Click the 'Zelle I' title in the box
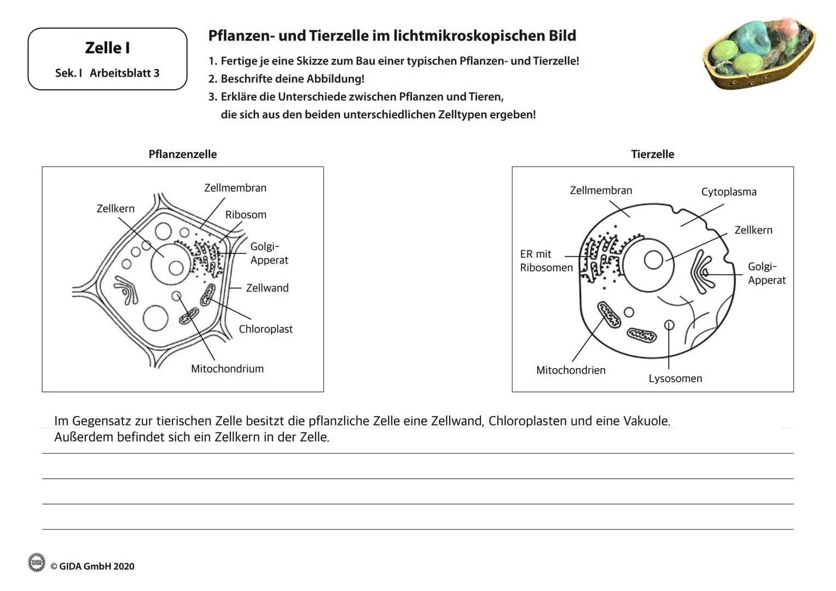tap(107, 48)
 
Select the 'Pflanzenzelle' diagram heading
tap(183, 154)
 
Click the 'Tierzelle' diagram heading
tap(652, 154)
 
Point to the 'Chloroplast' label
tap(265, 329)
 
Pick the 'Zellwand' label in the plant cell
tap(267, 288)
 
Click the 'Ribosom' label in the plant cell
tap(246, 215)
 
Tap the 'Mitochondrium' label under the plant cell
tap(227, 369)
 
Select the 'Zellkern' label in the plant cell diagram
tap(115, 208)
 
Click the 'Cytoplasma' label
tap(729, 192)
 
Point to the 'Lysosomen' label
tap(675, 378)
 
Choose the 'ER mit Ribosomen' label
tap(546, 260)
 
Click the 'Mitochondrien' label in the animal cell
tap(571, 370)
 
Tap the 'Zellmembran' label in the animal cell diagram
tap(601, 190)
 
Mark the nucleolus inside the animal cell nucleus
tap(653, 260)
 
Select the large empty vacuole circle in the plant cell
tap(155, 318)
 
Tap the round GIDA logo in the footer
tap(37, 562)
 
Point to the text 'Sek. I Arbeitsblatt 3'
tap(107, 73)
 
